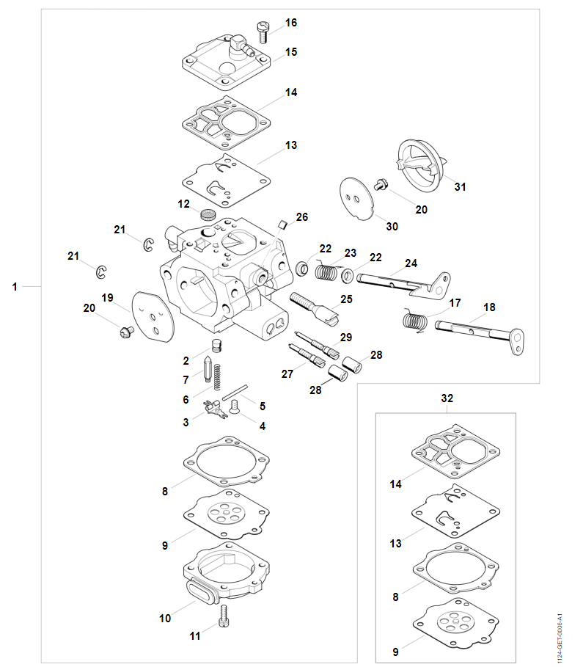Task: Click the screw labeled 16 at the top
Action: (x=263, y=30)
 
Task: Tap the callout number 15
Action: (x=291, y=52)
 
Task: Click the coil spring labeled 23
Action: (x=326, y=271)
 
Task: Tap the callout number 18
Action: (x=489, y=307)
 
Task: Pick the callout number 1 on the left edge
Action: (x=15, y=287)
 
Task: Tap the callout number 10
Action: (x=165, y=618)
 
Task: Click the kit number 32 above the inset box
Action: (x=447, y=398)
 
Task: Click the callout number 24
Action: (x=411, y=263)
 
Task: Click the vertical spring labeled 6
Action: (x=217, y=375)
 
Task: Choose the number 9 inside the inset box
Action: (x=396, y=650)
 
